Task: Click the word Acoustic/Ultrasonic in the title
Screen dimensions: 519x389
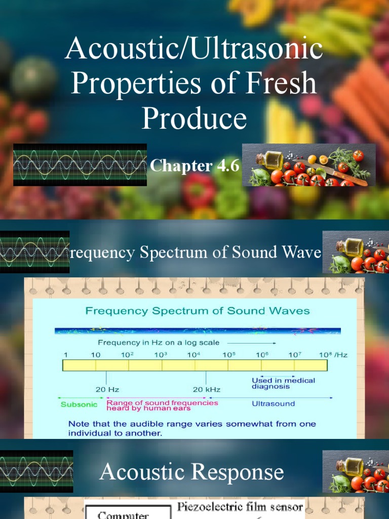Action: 194,50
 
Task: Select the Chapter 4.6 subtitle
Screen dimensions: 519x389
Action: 194,166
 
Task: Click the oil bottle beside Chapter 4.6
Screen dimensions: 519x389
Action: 272,159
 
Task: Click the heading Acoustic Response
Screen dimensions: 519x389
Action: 191,472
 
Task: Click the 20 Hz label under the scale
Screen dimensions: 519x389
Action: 107,389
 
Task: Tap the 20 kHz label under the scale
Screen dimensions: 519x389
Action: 206,389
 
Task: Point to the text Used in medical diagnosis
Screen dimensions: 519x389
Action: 283,383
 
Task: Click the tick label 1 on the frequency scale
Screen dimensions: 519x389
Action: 65,355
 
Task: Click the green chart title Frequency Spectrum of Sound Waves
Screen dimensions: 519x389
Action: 198,311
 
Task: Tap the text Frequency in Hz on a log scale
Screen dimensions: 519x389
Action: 159,342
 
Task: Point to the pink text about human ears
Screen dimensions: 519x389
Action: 162,405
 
